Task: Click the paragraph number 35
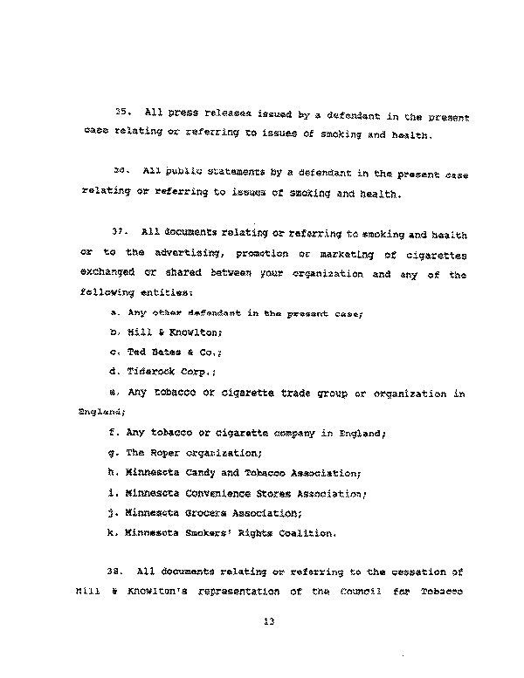click(x=123, y=113)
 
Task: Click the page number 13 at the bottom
click(x=268, y=623)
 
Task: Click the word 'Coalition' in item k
click(x=306, y=532)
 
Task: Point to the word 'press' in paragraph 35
click(x=184, y=114)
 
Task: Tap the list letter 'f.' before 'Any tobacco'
click(x=114, y=432)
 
